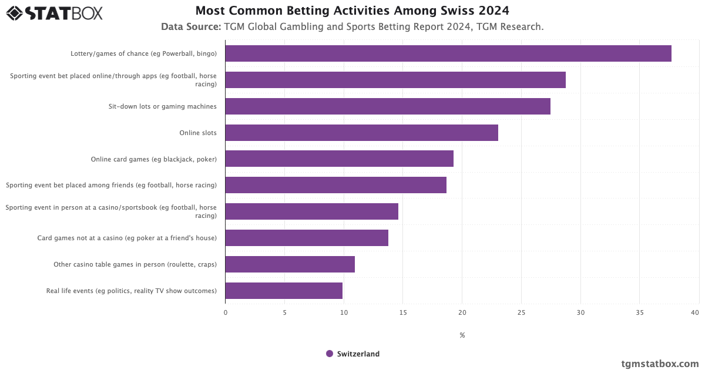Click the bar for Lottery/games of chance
coord(448,53)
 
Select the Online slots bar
coord(361,133)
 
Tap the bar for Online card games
coord(339,159)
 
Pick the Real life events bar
coord(284,291)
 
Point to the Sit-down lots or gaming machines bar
coord(388,106)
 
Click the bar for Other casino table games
coord(290,264)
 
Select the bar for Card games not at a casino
coord(307,238)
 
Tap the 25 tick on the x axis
coord(521,312)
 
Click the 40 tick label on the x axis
coord(695,312)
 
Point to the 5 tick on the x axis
coord(284,312)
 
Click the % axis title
coord(462,335)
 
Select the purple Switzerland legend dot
coord(330,354)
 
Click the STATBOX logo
coord(54,13)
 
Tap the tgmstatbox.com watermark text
coord(660,364)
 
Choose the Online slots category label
coord(198,133)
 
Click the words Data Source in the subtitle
coord(190,26)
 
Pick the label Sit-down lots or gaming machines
coord(162,106)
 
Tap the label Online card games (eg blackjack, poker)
coord(153,159)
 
